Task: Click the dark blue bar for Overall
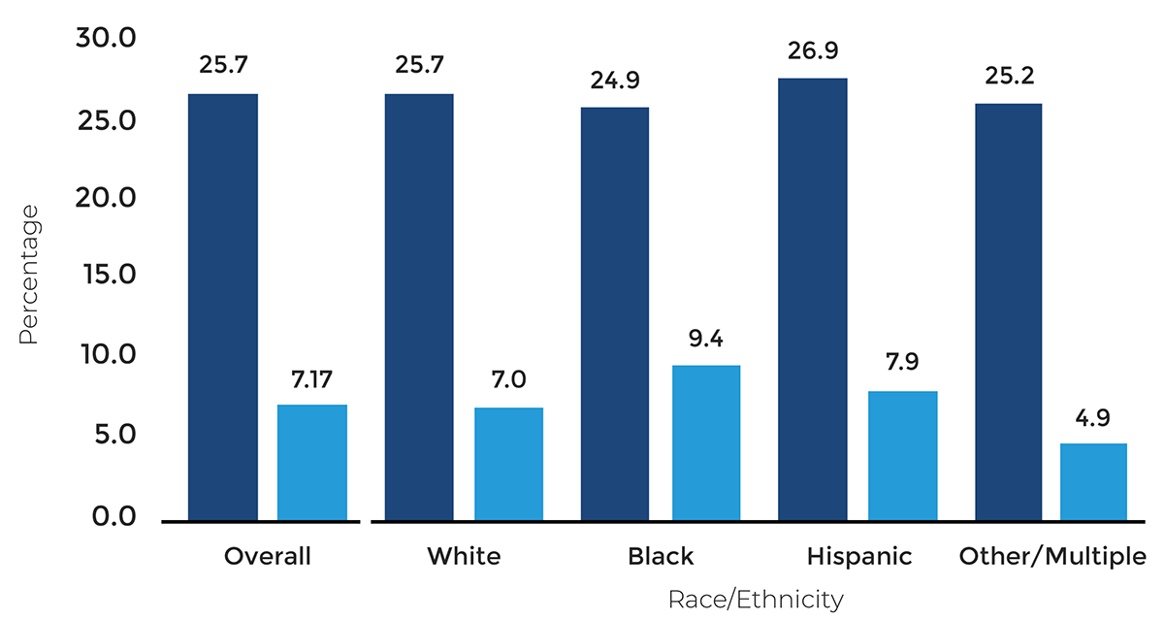pyautogui.click(x=223, y=307)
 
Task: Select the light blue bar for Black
pyautogui.click(x=706, y=442)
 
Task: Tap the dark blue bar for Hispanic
pyautogui.click(x=812, y=299)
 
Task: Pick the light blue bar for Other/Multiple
pyautogui.click(x=1093, y=481)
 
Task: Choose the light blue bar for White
pyautogui.click(x=508, y=464)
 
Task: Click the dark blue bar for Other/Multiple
pyautogui.click(x=1008, y=311)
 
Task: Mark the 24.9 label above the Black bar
pyautogui.click(x=615, y=80)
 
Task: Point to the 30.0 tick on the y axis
pyautogui.click(x=108, y=39)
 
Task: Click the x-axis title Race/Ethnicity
pyautogui.click(x=755, y=600)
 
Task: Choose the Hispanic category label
pyautogui.click(x=858, y=557)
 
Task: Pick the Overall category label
pyautogui.click(x=268, y=557)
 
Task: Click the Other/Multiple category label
pyautogui.click(x=1052, y=557)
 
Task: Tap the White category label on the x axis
pyautogui.click(x=464, y=557)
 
